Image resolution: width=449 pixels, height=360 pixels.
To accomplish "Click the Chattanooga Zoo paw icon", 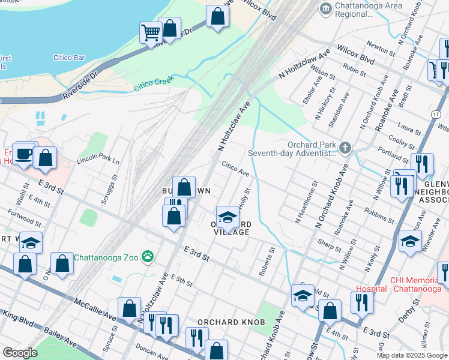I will pyautogui.click(x=148, y=257).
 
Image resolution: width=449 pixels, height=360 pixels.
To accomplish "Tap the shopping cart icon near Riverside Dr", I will pyautogui.click(x=151, y=32).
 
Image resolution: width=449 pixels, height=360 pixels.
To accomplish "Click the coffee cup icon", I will pyautogui.click(x=25, y=154).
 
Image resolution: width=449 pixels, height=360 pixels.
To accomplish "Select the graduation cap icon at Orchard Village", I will pyautogui.click(x=228, y=216).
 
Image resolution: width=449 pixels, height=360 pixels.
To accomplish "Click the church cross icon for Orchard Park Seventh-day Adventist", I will pyautogui.click(x=345, y=148).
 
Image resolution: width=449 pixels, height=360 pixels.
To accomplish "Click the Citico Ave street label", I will pyautogui.click(x=235, y=168).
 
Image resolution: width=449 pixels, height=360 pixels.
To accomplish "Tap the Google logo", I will pyautogui.click(x=20, y=353).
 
